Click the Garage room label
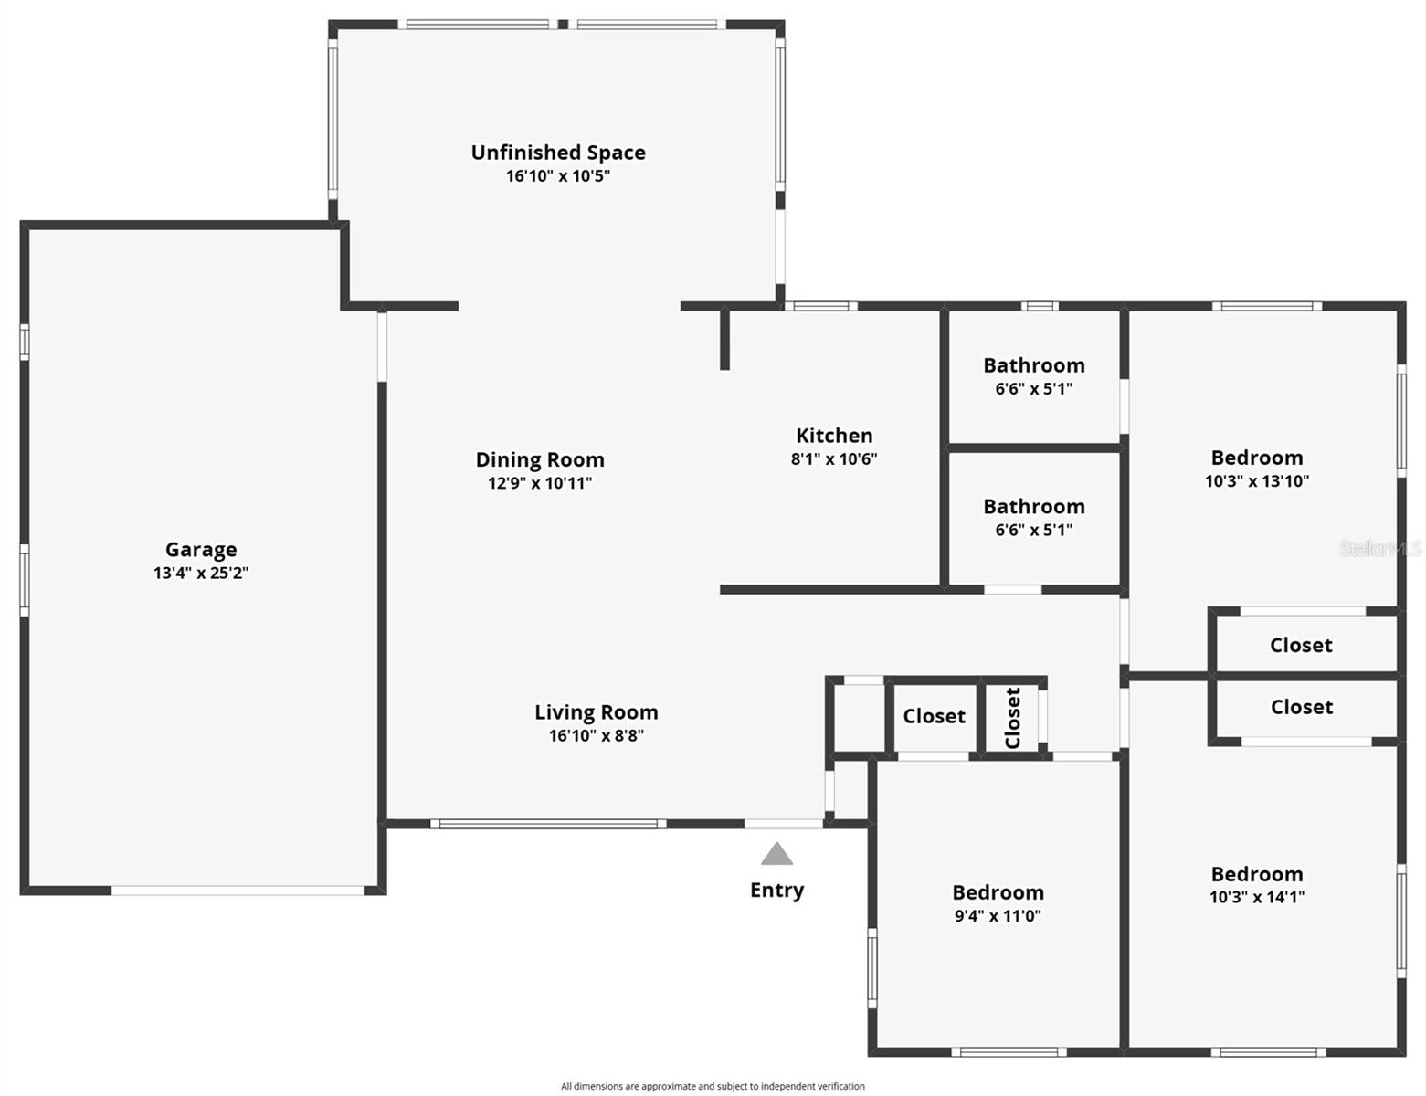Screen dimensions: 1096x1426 (201, 549)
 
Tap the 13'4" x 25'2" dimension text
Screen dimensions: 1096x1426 (201, 574)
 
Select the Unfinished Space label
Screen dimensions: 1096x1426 (558, 153)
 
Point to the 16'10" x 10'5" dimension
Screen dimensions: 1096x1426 (558, 176)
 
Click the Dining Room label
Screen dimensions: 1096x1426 (540, 459)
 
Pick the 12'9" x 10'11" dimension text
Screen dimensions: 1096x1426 (540, 483)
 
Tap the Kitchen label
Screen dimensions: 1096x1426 (834, 436)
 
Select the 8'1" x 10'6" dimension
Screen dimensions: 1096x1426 (834, 459)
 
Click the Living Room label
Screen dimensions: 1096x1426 (596, 712)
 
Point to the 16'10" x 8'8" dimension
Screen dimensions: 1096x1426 (596, 736)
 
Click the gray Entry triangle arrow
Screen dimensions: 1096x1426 (776, 855)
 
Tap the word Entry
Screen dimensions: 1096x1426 (776, 890)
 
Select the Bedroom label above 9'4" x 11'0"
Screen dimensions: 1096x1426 (998, 892)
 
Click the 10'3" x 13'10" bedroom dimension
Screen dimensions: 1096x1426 (1257, 481)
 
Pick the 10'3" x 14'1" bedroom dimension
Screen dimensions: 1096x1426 (1257, 898)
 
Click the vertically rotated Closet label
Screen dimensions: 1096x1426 (1012, 718)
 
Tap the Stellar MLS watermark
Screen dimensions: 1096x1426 (1380, 549)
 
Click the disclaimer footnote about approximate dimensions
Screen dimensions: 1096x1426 (713, 1086)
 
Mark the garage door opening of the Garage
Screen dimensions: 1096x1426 (238, 890)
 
